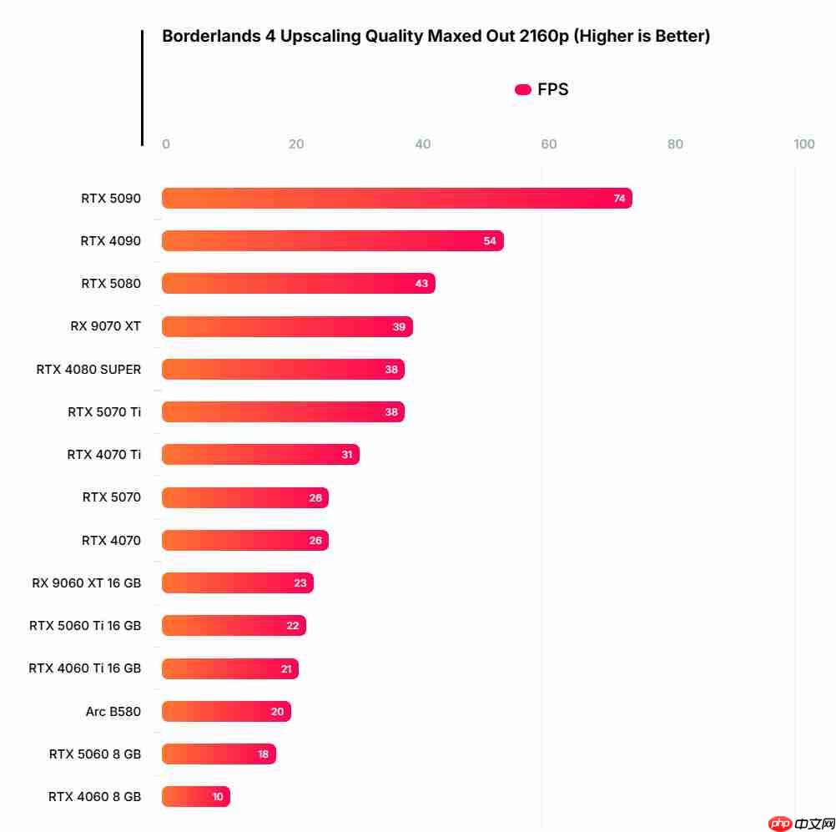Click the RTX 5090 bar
pos(396,199)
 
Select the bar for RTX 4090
pos(332,241)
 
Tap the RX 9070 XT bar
pos(287,326)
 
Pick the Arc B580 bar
pos(226,712)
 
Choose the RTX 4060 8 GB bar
pos(195,797)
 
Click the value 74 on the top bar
pos(619,199)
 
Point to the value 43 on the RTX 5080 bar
pos(421,284)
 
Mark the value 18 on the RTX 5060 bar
pos(264,754)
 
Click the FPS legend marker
pos(523,90)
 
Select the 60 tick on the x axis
pos(549,144)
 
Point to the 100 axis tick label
pos(804,144)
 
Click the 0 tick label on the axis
pos(166,144)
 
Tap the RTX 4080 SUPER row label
pos(88,369)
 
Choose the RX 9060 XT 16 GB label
pos(87,582)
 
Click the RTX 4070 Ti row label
pos(104,455)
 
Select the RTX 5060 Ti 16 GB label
pos(85,626)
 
